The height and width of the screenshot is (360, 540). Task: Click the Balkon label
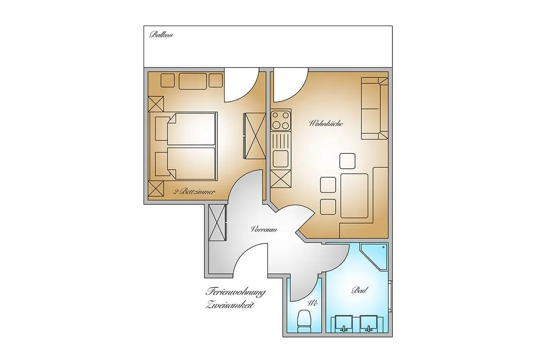tap(161, 35)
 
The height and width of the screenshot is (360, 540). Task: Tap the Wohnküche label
tap(326, 124)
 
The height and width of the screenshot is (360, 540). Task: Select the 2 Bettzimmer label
tap(194, 192)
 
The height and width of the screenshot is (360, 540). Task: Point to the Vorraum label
tap(264, 229)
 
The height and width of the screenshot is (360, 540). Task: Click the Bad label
tap(360, 290)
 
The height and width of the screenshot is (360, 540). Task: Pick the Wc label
tap(313, 303)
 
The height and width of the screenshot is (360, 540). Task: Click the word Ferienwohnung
tap(235, 292)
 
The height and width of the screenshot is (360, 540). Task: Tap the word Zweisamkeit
tap(230, 305)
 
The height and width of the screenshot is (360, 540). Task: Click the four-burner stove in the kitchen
tap(281, 120)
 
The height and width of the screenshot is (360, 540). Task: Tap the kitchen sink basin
tap(281, 159)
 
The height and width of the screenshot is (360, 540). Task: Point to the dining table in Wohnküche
tap(355, 196)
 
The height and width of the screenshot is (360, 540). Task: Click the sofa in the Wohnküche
tap(374, 108)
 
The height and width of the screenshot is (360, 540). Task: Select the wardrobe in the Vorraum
tap(217, 223)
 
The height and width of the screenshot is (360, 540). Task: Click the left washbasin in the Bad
tap(344, 324)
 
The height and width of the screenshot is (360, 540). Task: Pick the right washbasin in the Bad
tap(369, 324)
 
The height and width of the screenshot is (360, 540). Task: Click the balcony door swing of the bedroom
tap(242, 85)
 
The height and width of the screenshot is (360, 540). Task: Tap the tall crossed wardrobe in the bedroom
tap(255, 136)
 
